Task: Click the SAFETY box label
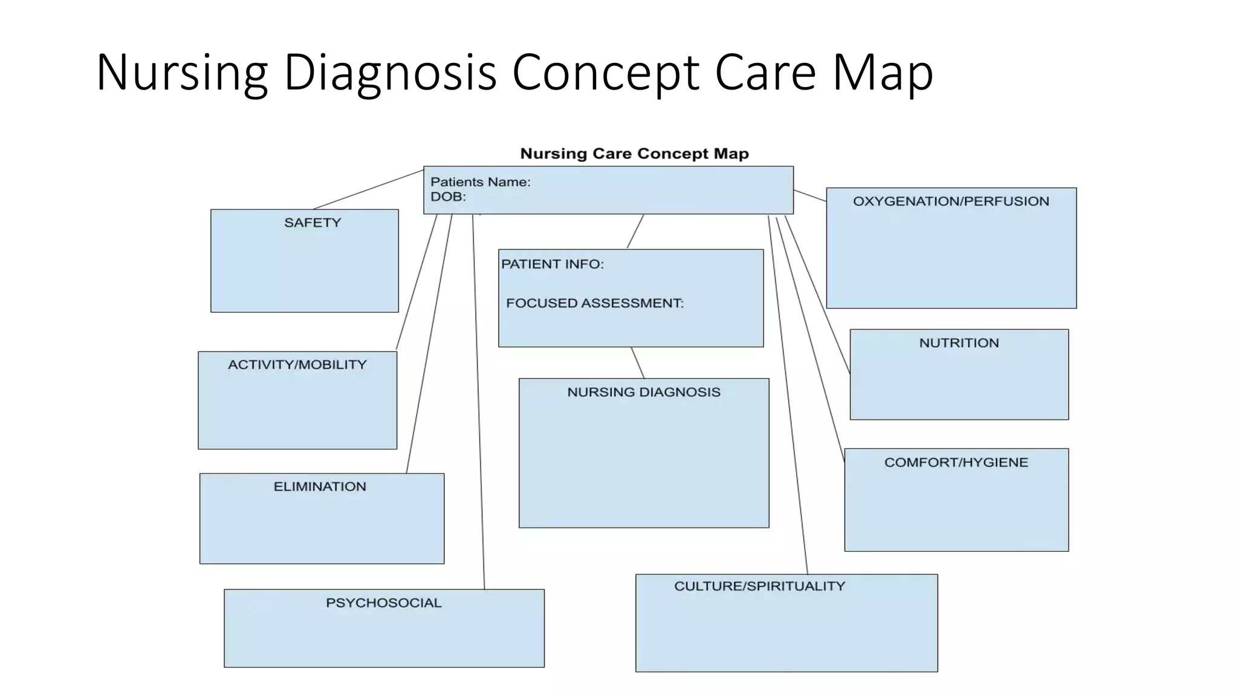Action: click(313, 223)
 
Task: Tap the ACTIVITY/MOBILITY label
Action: click(297, 365)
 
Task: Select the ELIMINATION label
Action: click(320, 487)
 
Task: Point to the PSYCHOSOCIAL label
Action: click(383, 603)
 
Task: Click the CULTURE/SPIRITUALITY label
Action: click(759, 586)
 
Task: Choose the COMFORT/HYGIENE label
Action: click(956, 463)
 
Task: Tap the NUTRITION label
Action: click(959, 343)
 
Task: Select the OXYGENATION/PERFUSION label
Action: click(951, 201)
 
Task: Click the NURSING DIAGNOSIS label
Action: click(644, 393)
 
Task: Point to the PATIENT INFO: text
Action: click(552, 264)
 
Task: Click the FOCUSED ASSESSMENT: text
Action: click(594, 303)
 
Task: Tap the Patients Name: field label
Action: click(480, 182)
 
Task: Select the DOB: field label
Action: click(448, 197)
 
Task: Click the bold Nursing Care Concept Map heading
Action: click(634, 154)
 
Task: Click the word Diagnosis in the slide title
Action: click(390, 73)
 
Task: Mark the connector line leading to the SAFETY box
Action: click(369, 189)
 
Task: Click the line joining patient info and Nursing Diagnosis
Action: click(638, 362)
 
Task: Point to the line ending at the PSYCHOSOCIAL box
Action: click(478, 399)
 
